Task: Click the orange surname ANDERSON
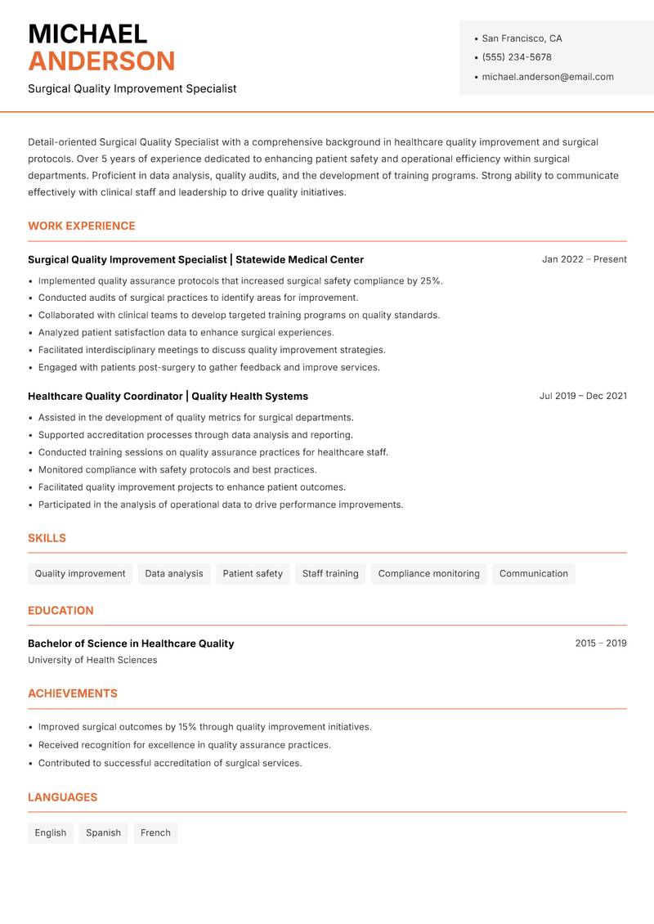click(101, 61)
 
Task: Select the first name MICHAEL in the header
click(87, 34)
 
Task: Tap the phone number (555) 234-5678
click(517, 57)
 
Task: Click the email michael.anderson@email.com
click(548, 77)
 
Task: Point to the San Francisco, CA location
click(522, 38)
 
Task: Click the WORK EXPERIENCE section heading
click(82, 226)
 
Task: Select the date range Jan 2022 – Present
click(584, 259)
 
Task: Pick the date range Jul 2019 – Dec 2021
click(583, 396)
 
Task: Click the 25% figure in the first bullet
click(431, 280)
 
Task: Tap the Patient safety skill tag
click(253, 573)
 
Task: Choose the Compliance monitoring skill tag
click(428, 573)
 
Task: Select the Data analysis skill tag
click(174, 573)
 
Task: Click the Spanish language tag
click(103, 832)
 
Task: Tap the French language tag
click(155, 832)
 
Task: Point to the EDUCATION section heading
click(60, 610)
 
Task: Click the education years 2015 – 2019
click(600, 644)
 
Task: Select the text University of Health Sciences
click(92, 660)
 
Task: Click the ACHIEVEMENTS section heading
click(73, 693)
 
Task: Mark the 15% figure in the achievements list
click(188, 727)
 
